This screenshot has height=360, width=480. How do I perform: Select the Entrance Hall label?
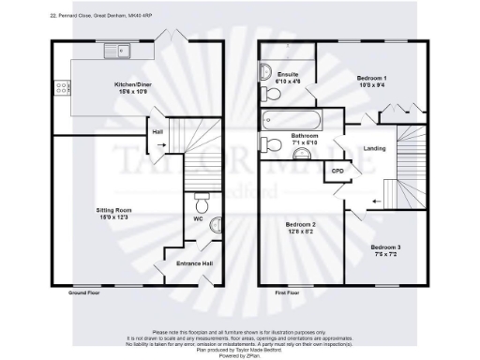point(194,263)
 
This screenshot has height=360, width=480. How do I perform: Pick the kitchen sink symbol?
point(119,50)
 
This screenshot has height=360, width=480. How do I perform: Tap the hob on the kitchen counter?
point(62,88)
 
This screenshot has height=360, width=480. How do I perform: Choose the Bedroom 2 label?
point(300,228)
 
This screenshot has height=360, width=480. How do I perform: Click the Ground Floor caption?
point(83,293)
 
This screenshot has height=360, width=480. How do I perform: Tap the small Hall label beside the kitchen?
point(157,132)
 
